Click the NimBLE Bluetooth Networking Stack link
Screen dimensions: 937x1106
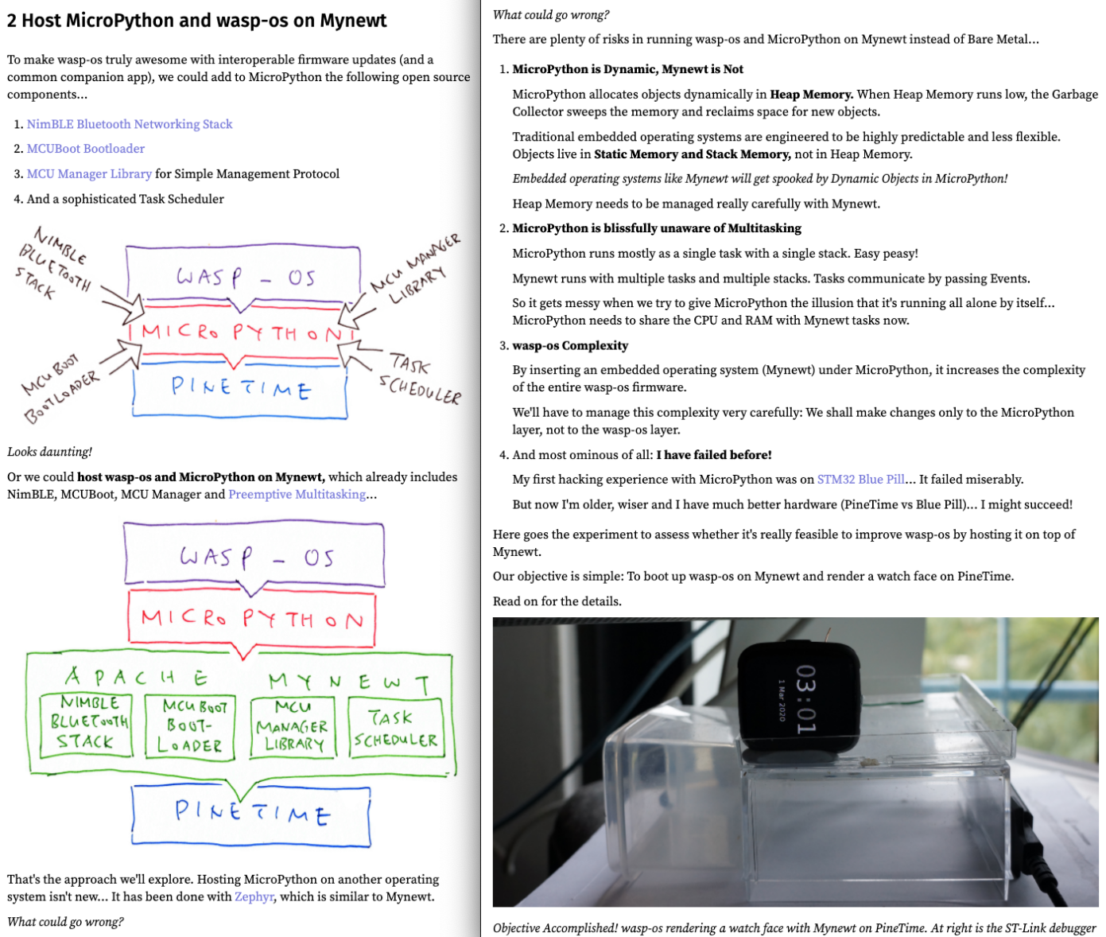coord(130,124)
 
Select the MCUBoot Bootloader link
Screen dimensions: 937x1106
coord(86,149)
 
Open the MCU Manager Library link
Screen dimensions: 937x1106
coord(89,173)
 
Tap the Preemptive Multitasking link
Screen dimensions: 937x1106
coord(297,494)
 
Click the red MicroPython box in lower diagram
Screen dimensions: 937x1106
coord(251,618)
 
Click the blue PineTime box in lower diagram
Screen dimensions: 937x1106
coord(251,814)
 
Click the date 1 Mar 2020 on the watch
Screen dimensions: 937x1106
coord(781,700)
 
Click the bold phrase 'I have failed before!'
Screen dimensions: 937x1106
coord(713,455)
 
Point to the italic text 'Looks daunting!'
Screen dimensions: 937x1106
coord(49,452)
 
